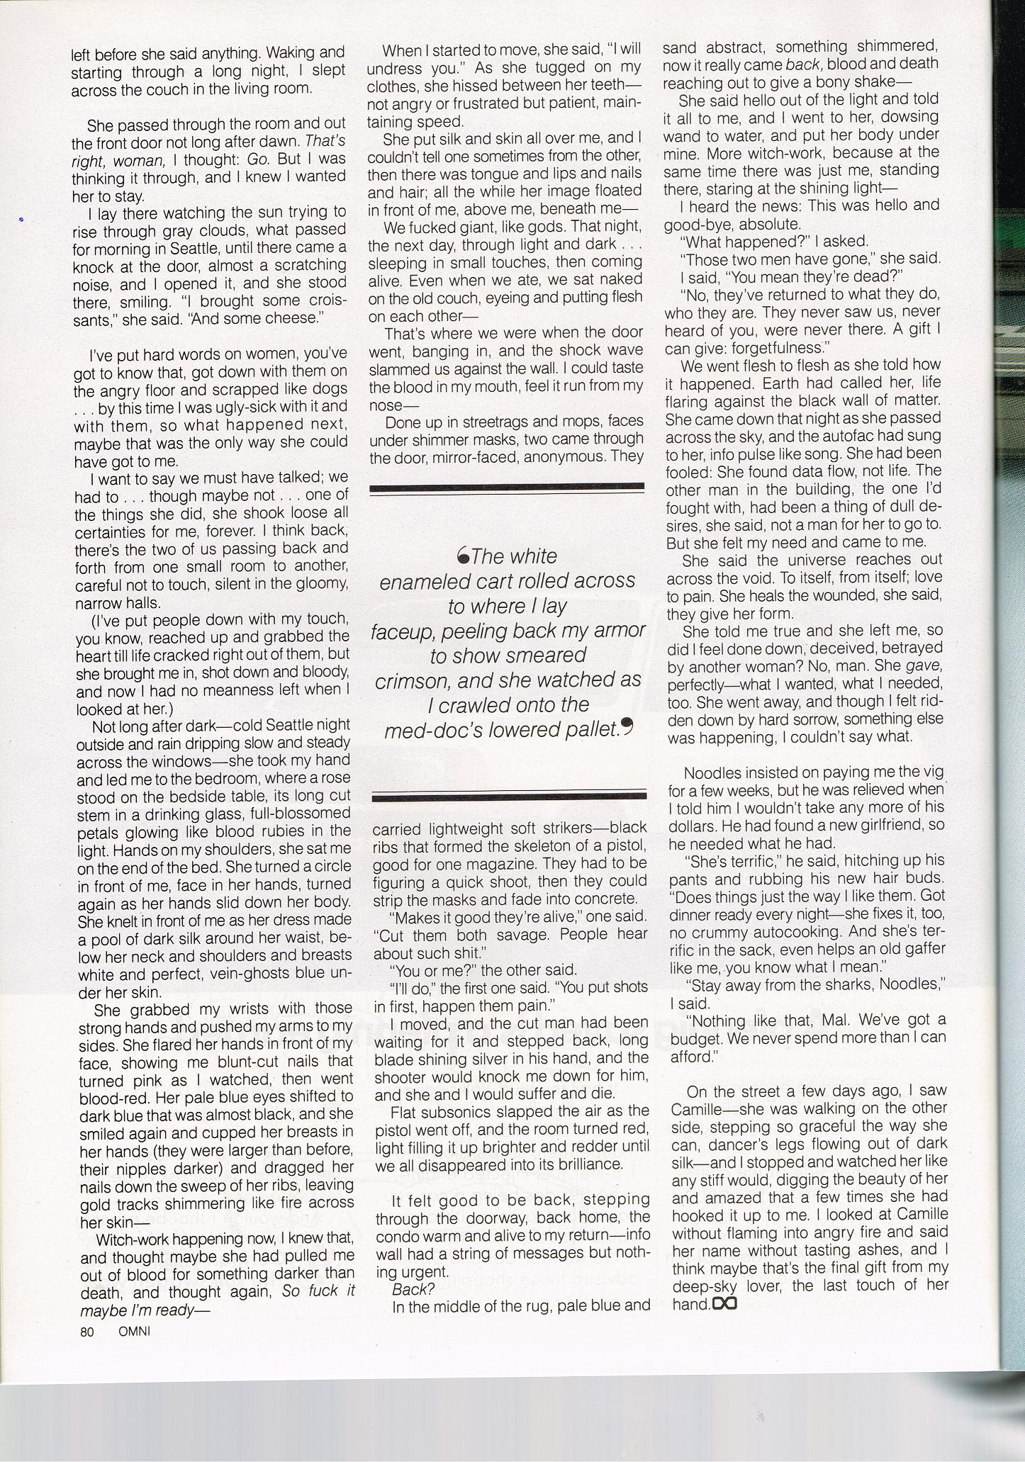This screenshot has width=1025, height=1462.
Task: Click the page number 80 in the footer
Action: click(87, 1331)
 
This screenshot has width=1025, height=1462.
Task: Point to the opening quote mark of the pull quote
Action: click(464, 557)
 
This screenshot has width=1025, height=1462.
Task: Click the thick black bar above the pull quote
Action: click(507, 488)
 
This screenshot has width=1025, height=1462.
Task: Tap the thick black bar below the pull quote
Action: click(510, 796)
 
